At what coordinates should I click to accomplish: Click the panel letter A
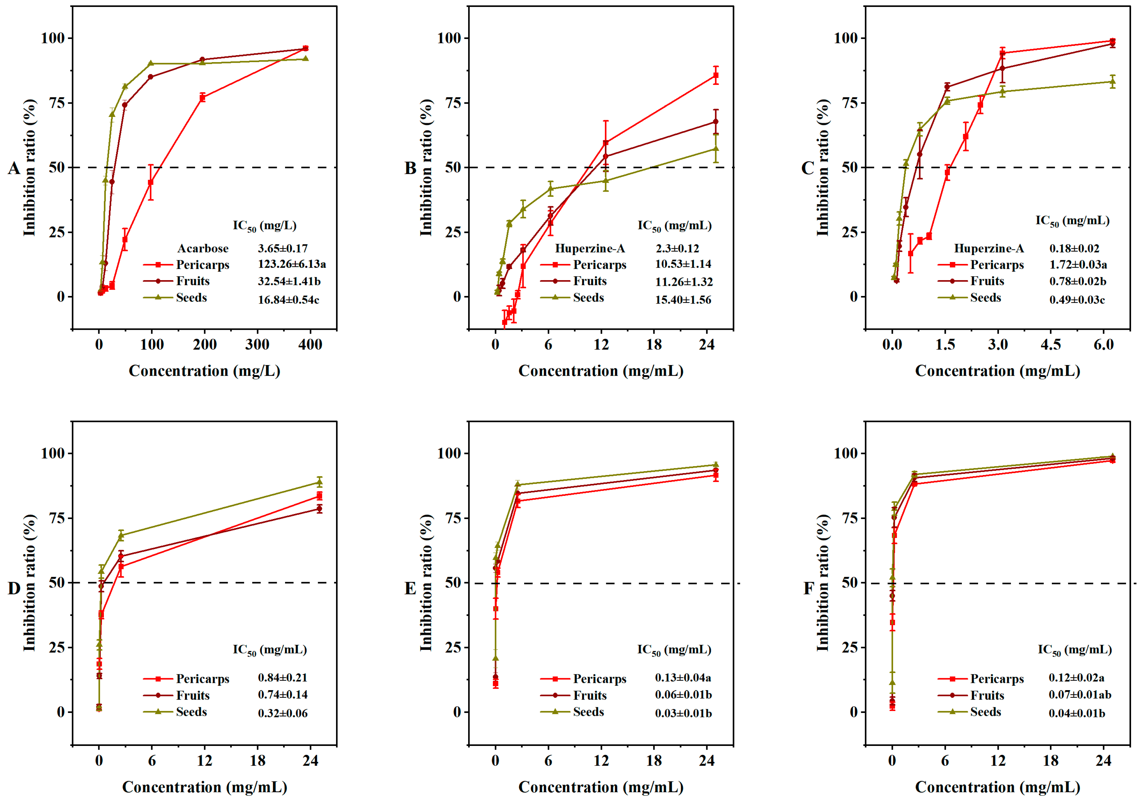click(14, 169)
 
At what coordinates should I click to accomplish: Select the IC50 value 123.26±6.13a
click(291, 264)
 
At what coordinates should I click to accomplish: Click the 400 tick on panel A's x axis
click(310, 345)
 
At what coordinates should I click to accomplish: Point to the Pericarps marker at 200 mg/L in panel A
click(202, 98)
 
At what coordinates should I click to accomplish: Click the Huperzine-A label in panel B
click(590, 248)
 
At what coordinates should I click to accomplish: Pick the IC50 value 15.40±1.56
click(683, 299)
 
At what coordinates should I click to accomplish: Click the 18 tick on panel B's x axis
click(654, 345)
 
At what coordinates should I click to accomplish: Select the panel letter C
click(807, 169)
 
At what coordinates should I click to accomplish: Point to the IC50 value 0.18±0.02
click(1074, 248)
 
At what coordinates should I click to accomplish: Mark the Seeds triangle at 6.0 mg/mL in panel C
click(1113, 82)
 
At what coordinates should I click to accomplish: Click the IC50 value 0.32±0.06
click(283, 713)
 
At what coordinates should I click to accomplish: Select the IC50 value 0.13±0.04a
click(683, 677)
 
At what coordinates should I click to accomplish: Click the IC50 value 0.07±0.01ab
click(1079, 695)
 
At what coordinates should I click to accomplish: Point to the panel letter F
click(808, 589)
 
